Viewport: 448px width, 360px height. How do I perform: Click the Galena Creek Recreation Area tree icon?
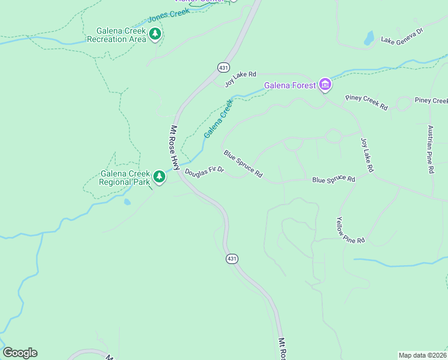pos(155,34)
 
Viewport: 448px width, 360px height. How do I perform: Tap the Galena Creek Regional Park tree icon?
pos(159,177)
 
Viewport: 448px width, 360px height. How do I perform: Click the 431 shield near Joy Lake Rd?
pos(222,67)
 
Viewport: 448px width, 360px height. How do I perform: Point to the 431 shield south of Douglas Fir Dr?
pos(232,259)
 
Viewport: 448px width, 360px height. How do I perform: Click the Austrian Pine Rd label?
pos(430,149)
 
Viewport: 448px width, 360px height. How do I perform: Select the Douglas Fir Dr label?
pos(204,172)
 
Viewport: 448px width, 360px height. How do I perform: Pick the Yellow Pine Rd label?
pos(350,231)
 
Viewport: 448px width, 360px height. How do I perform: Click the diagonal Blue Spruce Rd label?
pos(243,164)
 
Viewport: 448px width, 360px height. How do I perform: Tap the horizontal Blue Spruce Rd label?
pos(334,179)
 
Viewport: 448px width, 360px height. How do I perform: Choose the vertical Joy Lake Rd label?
pos(366,155)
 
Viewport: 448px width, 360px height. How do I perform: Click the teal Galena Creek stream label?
pos(218,119)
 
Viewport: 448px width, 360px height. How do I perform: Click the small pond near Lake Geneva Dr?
pos(369,38)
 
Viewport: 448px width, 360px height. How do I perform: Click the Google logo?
pos(20,353)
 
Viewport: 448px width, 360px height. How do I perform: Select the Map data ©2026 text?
pos(423,355)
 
